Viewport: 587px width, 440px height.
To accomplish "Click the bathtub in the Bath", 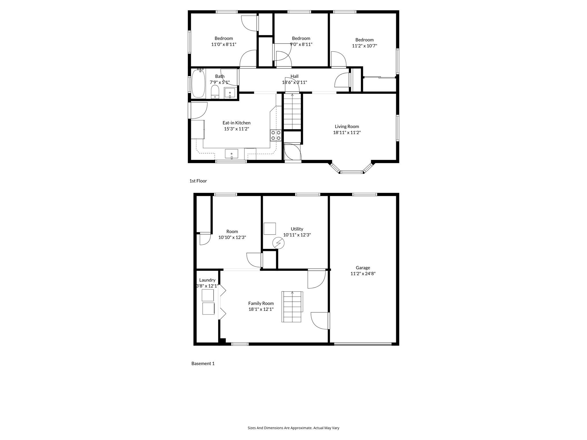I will click(198, 83).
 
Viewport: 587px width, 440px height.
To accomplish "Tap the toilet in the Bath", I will click(215, 92).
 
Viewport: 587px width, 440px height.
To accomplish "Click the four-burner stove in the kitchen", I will click(276, 135).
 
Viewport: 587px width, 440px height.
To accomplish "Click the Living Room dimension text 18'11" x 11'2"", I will click(347, 132).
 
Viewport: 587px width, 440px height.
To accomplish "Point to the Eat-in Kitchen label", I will click(236, 123).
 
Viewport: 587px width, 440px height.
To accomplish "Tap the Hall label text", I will click(294, 76).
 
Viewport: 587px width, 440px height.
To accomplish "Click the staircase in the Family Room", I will click(292, 307).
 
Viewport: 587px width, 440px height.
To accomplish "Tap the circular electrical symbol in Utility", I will click(278, 243).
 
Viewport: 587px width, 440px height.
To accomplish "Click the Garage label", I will click(363, 268).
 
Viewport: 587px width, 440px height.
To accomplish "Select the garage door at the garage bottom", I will click(363, 344).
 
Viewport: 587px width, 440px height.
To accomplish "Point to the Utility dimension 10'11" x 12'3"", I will click(297, 235).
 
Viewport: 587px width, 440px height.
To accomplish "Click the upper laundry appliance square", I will click(208, 295).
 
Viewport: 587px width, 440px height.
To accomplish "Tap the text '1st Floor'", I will click(198, 181).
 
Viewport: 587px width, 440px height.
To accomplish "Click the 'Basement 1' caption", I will click(203, 364).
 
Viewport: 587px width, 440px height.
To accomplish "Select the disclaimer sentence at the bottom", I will click(293, 428).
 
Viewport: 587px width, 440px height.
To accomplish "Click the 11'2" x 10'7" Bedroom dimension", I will click(364, 46).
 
